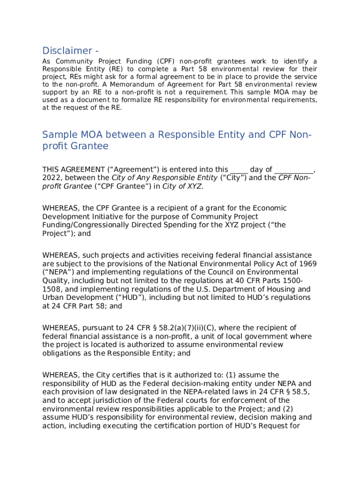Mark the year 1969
(307, 264)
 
